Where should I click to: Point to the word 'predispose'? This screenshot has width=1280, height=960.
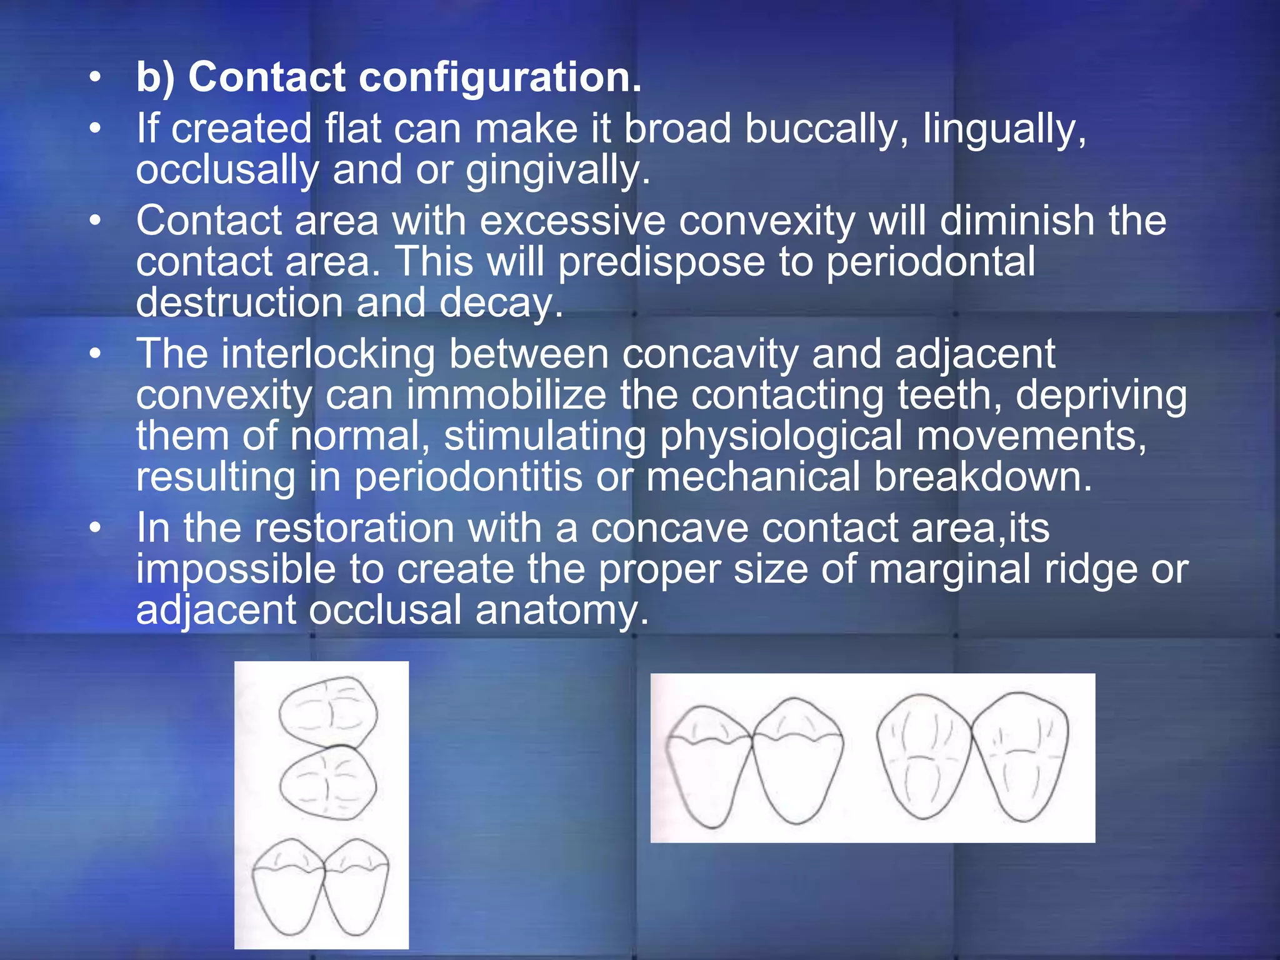(x=661, y=262)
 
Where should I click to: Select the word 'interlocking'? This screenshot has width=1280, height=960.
(x=328, y=354)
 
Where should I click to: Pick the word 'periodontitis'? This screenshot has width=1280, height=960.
(x=468, y=477)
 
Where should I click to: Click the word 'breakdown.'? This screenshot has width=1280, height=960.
(x=982, y=477)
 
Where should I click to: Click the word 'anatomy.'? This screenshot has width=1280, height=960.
(x=562, y=610)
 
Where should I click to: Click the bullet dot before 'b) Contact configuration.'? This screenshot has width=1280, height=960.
(x=94, y=77)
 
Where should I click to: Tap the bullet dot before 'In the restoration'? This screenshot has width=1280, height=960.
(x=94, y=528)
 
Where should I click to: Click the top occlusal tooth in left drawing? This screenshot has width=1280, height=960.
(x=327, y=712)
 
